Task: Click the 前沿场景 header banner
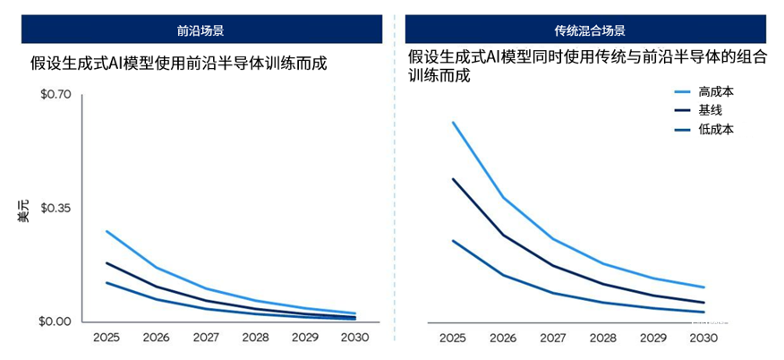click(200, 29)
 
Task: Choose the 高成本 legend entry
click(716, 92)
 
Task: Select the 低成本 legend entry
click(716, 130)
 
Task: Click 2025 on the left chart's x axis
click(107, 338)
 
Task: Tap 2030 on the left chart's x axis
click(355, 338)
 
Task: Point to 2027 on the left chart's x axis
click(206, 338)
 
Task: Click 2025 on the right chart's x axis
click(453, 339)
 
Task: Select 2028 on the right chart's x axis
click(602, 339)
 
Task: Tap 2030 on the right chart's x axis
click(703, 339)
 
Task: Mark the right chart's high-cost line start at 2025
click(453, 122)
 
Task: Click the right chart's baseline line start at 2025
click(453, 179)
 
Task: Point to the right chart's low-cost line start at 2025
click(453, 240)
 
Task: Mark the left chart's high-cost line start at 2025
click(107, 231)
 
